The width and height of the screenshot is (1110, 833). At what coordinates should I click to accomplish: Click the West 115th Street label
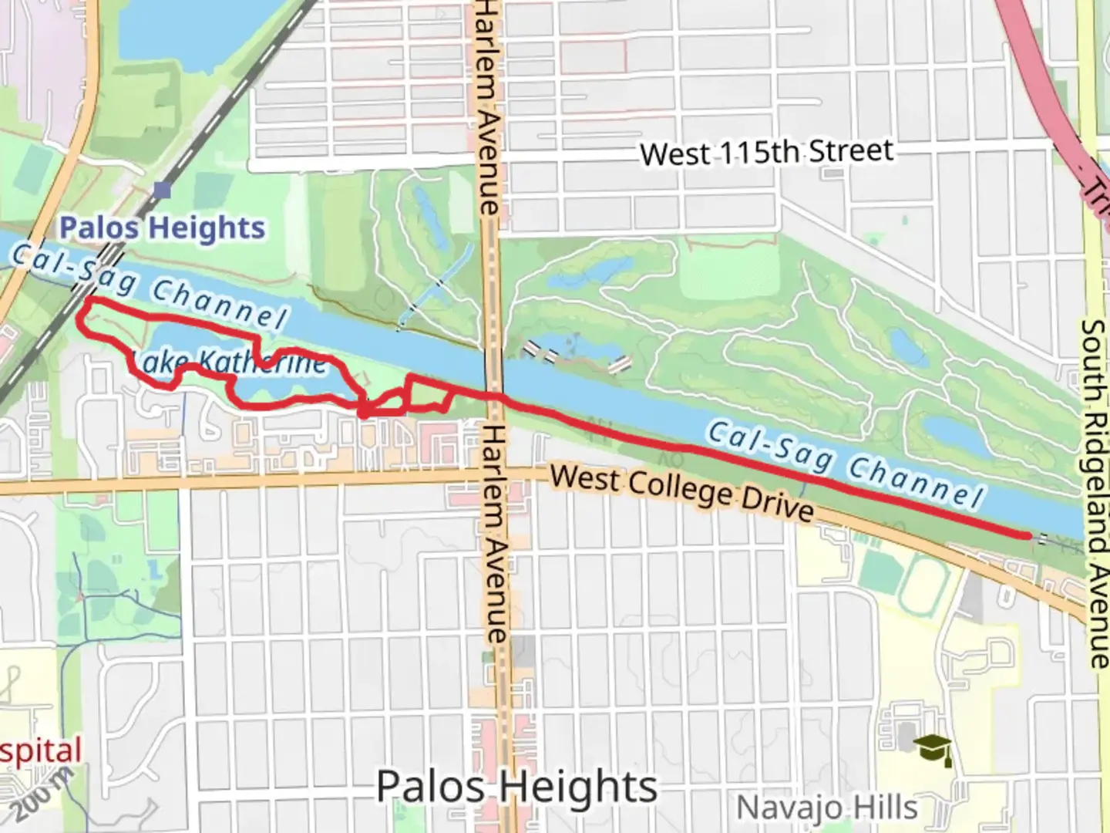pyautogui.click(x=766, y=152)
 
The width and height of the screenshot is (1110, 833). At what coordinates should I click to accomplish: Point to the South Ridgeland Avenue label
pyautogui.click(x=1094, y=494)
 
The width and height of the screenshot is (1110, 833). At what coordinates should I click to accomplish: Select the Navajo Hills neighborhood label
pyautogui.click(x=827, y=808)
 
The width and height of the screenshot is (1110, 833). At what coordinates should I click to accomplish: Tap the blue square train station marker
pyautogui.click(x=162, y=190)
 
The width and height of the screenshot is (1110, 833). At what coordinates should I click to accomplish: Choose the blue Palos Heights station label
pyautogui.click(x=162, y=228)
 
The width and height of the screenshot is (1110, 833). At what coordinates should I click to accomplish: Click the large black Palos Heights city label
pyautogui.click(x=516, y=787)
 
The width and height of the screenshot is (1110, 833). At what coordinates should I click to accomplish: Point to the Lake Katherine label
pyautogui.click(x=230, y=362)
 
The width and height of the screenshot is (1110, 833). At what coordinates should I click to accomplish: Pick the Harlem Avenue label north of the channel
pyautogui.click(x=487, y=108)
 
